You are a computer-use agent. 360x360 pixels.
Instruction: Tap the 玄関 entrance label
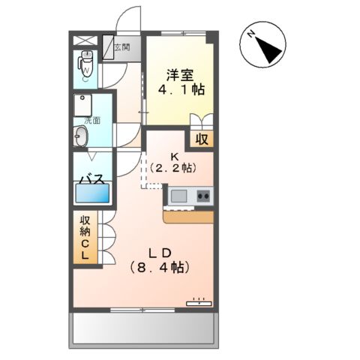pos(122,47)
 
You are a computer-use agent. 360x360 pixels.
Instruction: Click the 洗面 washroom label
pos(91,120)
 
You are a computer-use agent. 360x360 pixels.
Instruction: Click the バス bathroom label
pos(92,181)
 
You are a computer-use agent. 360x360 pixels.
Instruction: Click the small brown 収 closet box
pos(201,139)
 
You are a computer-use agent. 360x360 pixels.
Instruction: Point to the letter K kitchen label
pos(175,157)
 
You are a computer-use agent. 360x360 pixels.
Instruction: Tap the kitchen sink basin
pos(179,196)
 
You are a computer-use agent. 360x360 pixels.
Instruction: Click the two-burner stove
pos(202,196)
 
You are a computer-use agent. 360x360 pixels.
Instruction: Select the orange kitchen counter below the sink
pos(188,217)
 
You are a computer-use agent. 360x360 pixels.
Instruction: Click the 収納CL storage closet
pos(85,238)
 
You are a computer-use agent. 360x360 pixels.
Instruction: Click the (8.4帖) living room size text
pos(159,266)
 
